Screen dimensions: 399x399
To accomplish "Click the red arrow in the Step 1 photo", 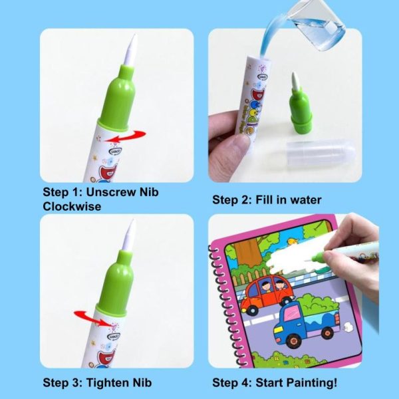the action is click(x=126, y=136).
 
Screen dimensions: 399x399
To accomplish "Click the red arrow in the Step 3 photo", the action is click(x=94, y=318).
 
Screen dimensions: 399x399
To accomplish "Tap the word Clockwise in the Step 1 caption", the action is click(x=72, y=206).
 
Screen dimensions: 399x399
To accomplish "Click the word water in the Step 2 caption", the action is click(x=306, y=199).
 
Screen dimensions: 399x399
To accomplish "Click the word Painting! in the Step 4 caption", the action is click(x=312, y=383).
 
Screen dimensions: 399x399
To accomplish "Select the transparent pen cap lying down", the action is click(x=321, y=153).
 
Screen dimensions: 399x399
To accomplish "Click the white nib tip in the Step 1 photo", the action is click(x=130, y=50).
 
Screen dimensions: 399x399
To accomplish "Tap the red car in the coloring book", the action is click(x=267, y=293).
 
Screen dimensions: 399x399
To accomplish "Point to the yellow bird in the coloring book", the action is click(x=293, y=242).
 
